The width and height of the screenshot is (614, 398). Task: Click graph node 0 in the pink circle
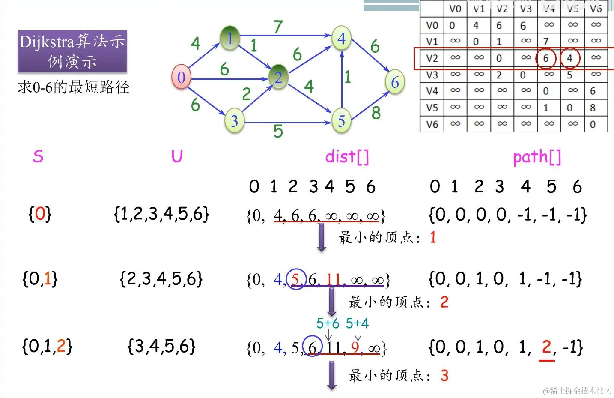point(181,77)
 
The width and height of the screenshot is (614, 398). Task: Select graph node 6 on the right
point(395,82)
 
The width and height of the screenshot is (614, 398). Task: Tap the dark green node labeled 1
point(230,38)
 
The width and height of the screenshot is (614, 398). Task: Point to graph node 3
point(234,121)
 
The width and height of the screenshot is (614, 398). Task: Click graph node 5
point(341,121)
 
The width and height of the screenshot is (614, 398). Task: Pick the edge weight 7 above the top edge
point(278,27)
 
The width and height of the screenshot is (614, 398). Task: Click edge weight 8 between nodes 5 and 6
point(376,113)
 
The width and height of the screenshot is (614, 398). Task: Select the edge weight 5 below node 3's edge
point(278,131)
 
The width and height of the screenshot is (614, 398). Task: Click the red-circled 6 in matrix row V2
point(546,58)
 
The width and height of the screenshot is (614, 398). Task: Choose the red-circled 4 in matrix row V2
point(569,58)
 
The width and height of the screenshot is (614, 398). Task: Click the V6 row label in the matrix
point(432,124)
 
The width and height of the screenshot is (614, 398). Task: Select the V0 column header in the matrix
point(456,9)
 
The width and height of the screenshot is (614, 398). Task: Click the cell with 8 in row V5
point(593,108)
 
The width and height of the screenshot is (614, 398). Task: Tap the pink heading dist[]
point(347,156)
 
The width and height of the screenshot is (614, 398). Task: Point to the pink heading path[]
point(537,157)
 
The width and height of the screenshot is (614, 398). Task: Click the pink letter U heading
point(177,156)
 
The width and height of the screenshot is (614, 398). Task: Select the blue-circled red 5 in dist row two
point(295,279)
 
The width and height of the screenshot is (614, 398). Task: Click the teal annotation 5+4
point(357,323)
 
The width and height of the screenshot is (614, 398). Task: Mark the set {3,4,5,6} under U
point(161,346)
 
